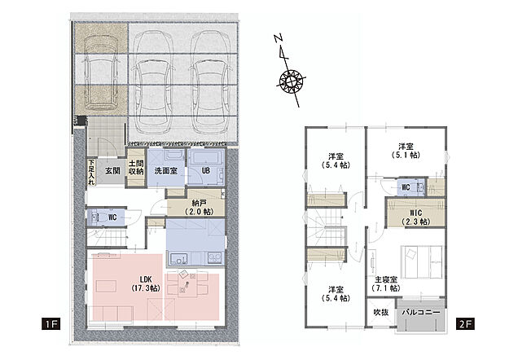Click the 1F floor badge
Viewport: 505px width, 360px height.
tap(51, 324)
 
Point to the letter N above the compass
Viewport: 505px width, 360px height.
tap(278, 38)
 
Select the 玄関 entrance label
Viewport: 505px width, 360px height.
tap(112, 171)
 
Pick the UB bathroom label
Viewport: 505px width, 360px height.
tap(206, 171)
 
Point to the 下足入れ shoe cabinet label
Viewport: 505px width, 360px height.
tap(90, 173)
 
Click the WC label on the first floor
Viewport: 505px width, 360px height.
tap(113, 217)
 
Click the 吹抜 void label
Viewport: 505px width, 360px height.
tap(380, 312)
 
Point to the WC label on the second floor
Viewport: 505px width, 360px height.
tap(405, 187)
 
